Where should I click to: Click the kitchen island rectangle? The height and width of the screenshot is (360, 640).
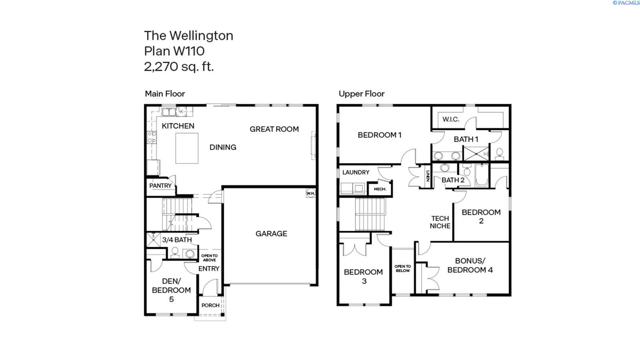[x=187, y=148]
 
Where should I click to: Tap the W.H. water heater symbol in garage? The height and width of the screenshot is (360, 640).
[x=311, y=193]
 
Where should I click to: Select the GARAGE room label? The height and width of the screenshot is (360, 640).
[x=271, y=234]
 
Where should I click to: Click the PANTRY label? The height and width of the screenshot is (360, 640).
[x=160, y=186]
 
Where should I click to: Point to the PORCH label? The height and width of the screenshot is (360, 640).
[x=210, y=305]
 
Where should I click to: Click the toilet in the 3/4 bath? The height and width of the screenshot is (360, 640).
[x=175, y=252]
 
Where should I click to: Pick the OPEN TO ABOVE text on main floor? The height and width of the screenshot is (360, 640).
[x=209, y=258]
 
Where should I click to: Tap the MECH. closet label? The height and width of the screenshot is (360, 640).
[x=380, y=189]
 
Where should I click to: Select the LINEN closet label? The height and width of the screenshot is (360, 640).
[x=427, y=176]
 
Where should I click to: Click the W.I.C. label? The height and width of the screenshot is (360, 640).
[x=451, y=119]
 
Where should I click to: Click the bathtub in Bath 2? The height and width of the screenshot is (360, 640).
[x=482, y=176]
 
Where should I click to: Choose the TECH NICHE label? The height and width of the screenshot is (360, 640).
[x=440, y=222]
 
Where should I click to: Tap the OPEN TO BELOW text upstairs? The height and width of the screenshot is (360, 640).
[x=402, y=268]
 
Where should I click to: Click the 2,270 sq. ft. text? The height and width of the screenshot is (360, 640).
[x=179, y=66]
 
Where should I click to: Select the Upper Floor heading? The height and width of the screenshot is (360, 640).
[x=361, y=94]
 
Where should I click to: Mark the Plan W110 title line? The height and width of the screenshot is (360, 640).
[x=174, y=51]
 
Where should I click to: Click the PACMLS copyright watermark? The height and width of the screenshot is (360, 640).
[x=626, y=3]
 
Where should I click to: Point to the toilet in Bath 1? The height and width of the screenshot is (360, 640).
[x=500, y=153]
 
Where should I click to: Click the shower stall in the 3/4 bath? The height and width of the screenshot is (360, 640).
[x=153, y=240]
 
